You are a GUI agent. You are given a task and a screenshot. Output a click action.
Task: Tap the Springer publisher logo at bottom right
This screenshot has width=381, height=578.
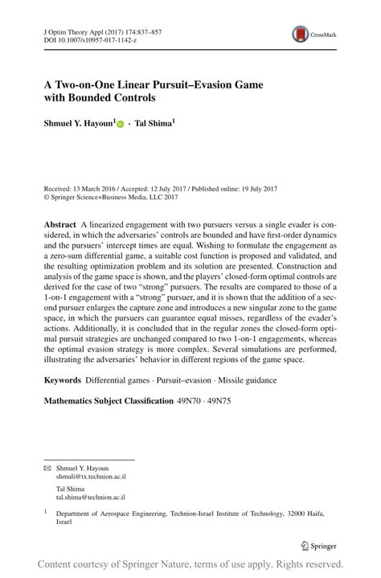click(320, 545)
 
